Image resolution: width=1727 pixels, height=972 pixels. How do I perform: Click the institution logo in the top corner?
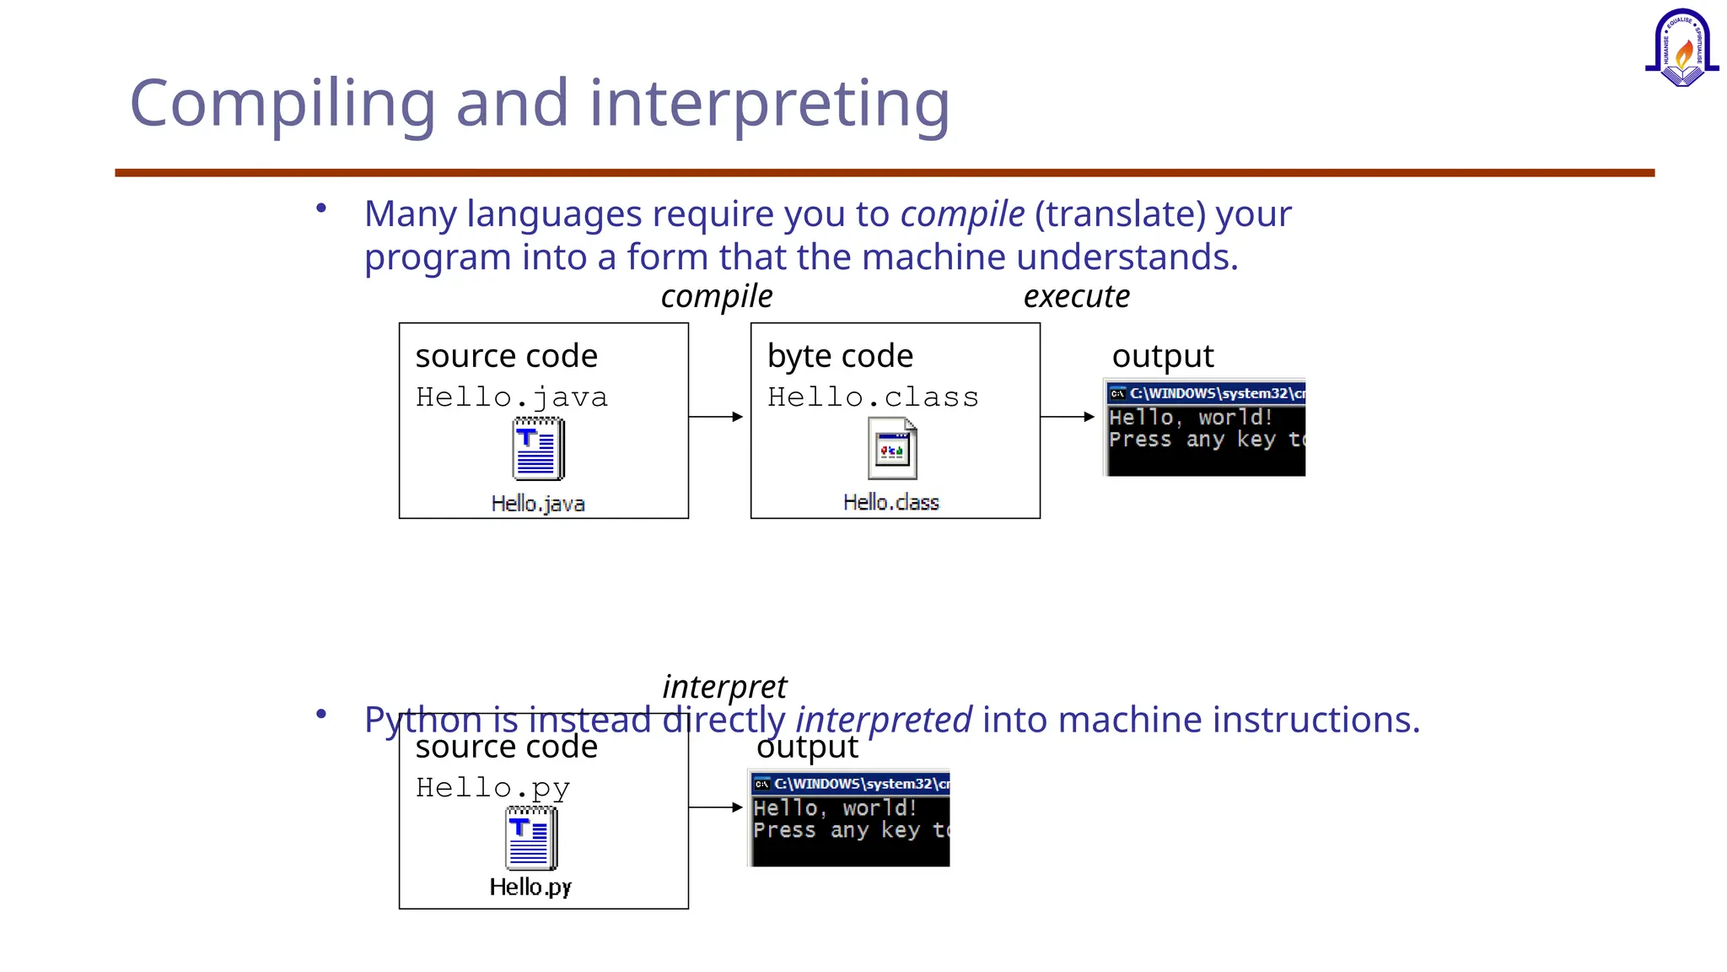[x=1681, y=49]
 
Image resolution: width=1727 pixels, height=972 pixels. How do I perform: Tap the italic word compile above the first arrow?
[x=716, y=297]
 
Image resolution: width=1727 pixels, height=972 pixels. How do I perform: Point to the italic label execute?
[x=1076, y=297]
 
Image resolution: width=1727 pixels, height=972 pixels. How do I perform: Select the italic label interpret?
[x=724, y=687]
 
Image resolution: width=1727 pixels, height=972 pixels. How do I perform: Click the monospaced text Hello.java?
[x=511, y=397]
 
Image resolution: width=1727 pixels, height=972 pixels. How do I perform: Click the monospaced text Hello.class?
[x=873, y=397]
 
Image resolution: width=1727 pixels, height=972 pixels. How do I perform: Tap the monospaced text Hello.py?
[x=492, y=788]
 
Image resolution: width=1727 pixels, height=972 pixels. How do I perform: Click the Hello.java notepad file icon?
[x=538, y=449]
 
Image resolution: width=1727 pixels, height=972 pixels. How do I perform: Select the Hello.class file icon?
[x=892, y=449]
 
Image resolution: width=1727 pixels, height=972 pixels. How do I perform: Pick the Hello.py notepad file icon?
[x=531, y=838]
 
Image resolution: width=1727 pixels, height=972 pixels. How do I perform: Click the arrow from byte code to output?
[x=1068, y=417]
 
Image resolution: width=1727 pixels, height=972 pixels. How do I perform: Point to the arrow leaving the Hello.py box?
[x=716, y=807]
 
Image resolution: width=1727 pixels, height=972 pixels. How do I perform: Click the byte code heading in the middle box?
[x=840, y=356]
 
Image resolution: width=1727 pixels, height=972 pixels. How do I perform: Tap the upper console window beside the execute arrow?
[x=1205, y=428]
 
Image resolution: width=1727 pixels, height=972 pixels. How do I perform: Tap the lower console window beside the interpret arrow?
[x=849, y=818]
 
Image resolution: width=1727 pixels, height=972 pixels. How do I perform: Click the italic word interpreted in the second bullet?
[x=884, y=721]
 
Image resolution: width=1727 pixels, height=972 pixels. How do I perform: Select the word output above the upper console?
[x=1162, y=356]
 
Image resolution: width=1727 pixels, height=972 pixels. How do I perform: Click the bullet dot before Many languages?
[x=321, y=208]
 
